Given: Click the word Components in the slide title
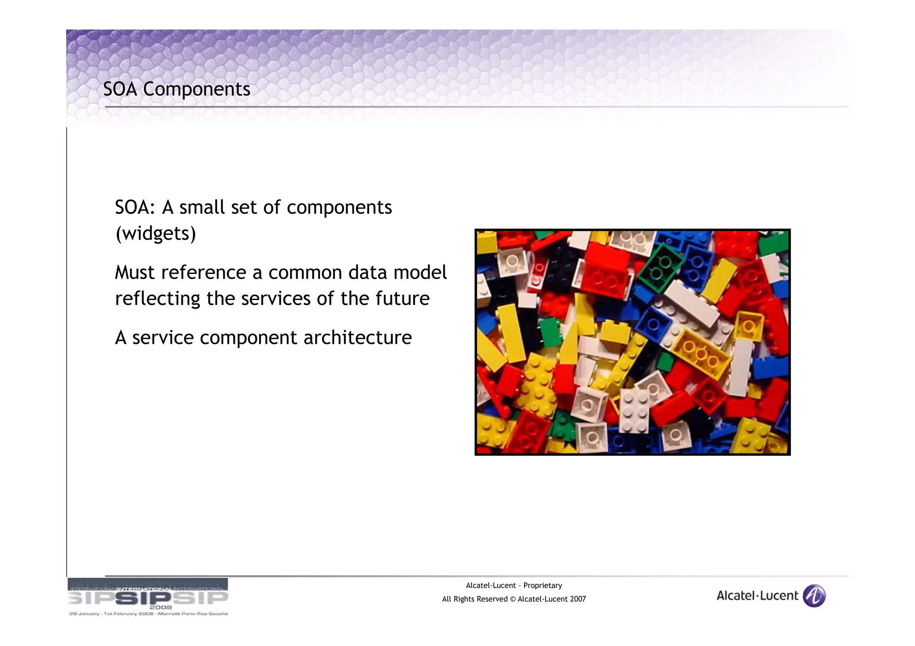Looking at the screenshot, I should pos(197,89).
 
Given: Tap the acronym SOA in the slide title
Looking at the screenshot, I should pos(120,89).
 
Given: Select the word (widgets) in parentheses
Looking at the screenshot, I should pos(155,233).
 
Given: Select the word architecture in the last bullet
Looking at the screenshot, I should pos(357,338).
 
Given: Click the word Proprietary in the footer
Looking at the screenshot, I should pos(542,585).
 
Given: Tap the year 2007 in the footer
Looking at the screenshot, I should pos(578,599).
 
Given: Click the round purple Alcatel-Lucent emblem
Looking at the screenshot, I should pos(814,596).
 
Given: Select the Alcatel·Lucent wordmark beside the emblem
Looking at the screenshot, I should pos(757,596).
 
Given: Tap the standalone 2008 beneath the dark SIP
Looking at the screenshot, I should pos(160,607).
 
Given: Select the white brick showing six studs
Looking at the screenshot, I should pos(634,411).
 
